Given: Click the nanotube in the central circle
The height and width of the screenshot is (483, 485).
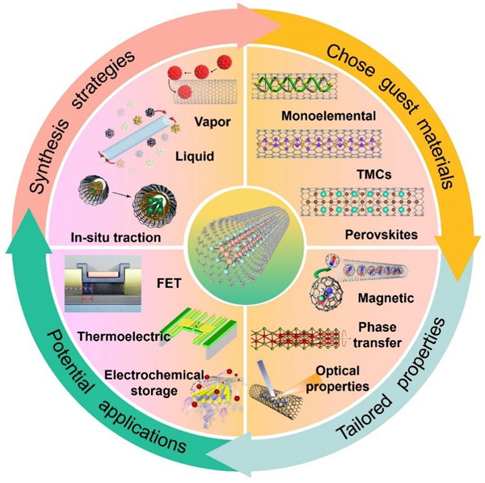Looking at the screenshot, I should (x=243, y=242).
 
